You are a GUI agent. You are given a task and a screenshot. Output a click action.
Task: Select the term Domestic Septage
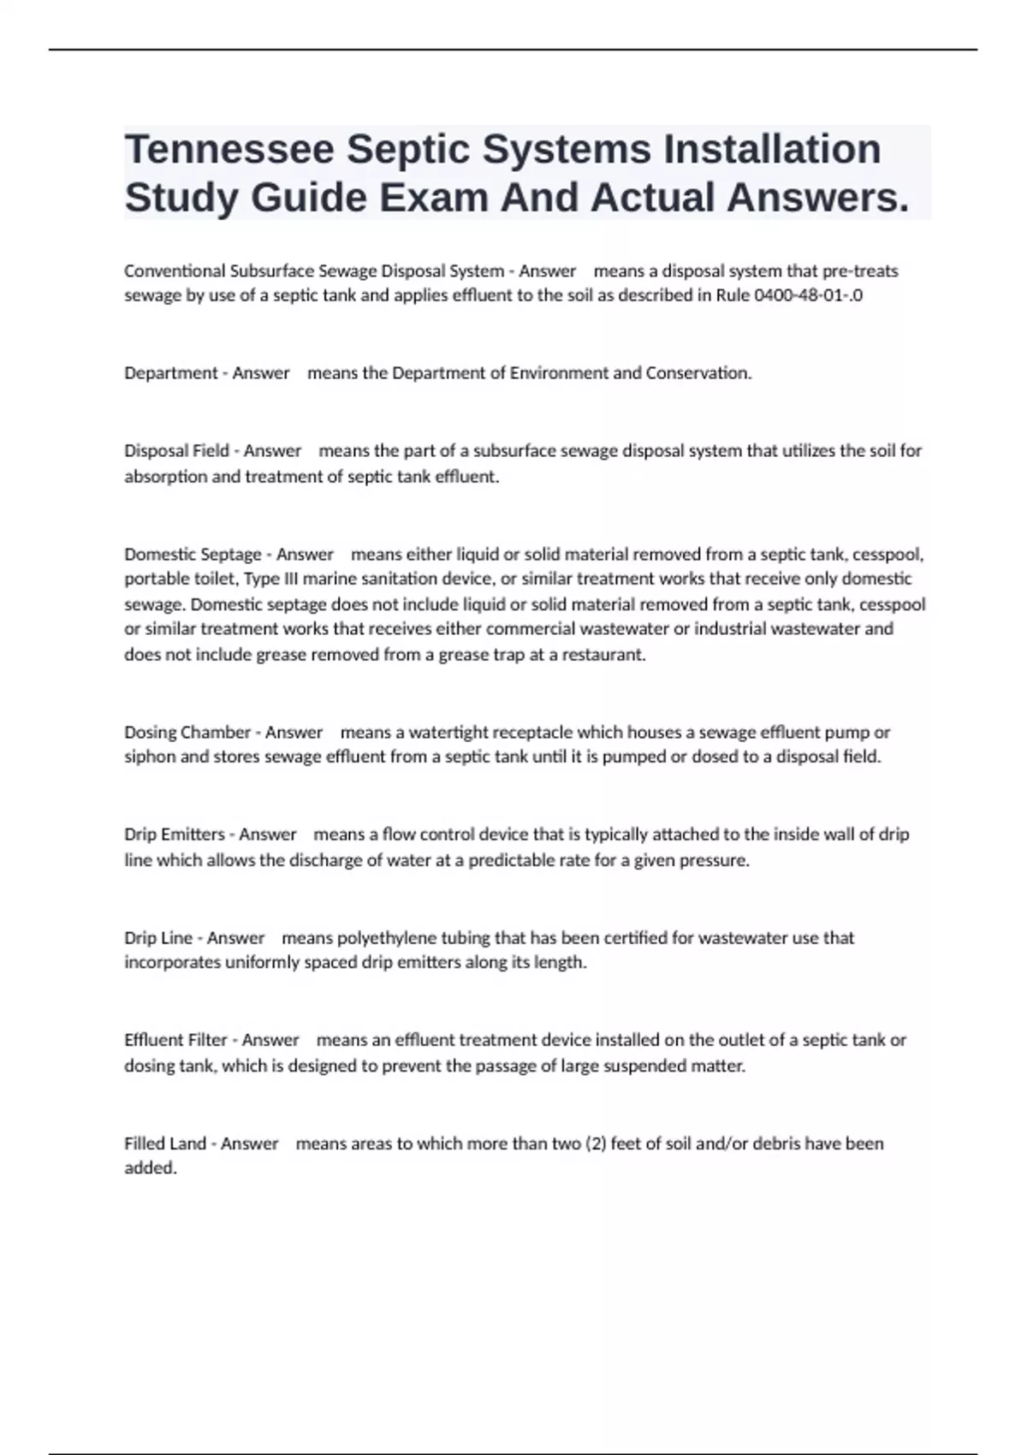193,555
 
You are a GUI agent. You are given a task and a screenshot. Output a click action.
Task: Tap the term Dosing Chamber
187,733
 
